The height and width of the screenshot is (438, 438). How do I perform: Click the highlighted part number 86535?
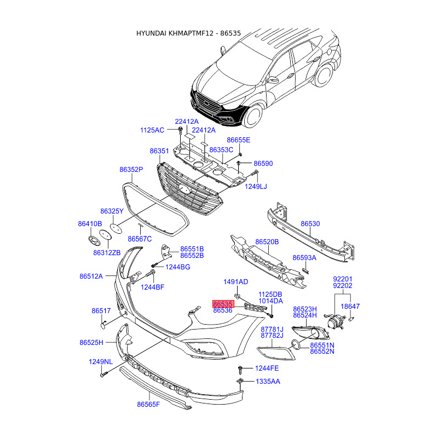pyautogui.click(x=223, y=303)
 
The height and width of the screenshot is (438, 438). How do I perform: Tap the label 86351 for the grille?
pyautogui.click(x=159, y=151)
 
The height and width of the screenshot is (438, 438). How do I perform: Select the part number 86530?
pyautogui.click(x=310, y=224)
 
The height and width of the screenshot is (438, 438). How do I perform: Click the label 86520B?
pyautogui.click(x=267, y=241)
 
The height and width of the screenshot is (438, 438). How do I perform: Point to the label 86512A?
pyautogui.click(x=91, y=276)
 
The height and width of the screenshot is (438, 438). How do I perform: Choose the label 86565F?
pyautogui.click(x=148, y=405)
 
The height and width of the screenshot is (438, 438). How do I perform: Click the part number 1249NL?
pyautogui.click(x=101, y=362)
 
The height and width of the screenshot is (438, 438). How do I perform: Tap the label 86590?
pyautogui.click(x=263, y=164)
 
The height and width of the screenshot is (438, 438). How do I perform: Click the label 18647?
pyautogui.click(x=351, y=307)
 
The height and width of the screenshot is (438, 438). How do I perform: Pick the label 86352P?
pyautogui.click(x=131, y=170)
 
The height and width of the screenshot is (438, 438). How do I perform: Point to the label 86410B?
pyautogui.click(x=90, y=224)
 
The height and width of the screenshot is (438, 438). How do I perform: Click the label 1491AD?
pyautogui.click(x=235, y=282)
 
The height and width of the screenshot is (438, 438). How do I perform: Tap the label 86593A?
pyautogui.click(x=304, y=257)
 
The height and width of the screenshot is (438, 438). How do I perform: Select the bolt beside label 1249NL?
pyautogui.click(x=102, y=376)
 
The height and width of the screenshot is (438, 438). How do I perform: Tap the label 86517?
pyautogui.click(x=101, y=311)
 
